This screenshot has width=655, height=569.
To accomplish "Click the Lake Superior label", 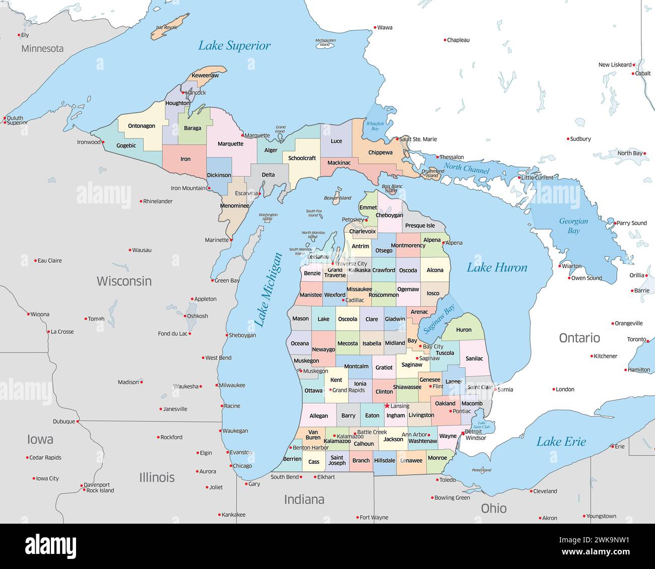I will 234,46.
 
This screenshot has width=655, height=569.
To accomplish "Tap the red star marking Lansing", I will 387,406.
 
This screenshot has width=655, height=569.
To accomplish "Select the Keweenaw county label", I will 205,76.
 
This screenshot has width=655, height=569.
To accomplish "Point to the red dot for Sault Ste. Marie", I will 397,139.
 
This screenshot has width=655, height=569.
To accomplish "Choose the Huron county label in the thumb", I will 464,330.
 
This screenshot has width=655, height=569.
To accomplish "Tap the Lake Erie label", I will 561,442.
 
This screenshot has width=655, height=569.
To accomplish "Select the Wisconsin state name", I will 124,281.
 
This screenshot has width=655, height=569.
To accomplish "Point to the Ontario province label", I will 579,337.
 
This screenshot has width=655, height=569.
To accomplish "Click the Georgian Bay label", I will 573,226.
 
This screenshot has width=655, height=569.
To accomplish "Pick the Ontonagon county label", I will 142,126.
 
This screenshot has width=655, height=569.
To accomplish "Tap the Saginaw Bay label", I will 438,319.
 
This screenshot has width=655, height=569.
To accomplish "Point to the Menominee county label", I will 234,205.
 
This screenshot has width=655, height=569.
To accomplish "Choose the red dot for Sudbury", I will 567,139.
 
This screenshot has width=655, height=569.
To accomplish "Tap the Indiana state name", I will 304,500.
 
